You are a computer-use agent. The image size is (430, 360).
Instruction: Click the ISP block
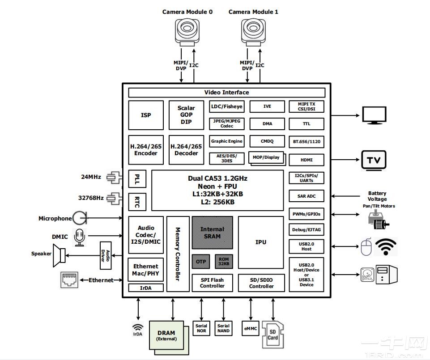point(146,115)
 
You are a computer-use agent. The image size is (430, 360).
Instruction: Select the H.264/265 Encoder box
point(146,150)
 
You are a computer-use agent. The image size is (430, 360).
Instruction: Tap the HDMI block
point(307,160)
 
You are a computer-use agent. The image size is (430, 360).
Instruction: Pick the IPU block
point(260,242)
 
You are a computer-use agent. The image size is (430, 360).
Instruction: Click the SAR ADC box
point(307,196)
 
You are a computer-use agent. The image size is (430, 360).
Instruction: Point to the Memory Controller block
point(178,254)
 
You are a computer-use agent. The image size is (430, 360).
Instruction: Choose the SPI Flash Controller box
point(212,283)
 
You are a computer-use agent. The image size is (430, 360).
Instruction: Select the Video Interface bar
point(226,93)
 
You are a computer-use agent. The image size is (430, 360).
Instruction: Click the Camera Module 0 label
point(187,12)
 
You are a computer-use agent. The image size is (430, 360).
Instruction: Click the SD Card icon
point(272,335)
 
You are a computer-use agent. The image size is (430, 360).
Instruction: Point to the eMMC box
point(251,329)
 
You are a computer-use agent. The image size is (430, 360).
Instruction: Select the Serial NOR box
point(201,329)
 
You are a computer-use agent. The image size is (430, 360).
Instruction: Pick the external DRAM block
point(166,335)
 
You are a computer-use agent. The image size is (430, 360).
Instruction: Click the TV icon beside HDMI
point(373,160)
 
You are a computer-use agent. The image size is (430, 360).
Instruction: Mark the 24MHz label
point(91,177)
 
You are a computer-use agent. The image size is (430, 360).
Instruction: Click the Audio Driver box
point(105,255)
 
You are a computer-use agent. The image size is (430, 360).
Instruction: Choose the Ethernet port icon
point(69,280)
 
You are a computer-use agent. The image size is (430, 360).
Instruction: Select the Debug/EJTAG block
point(307,230)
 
